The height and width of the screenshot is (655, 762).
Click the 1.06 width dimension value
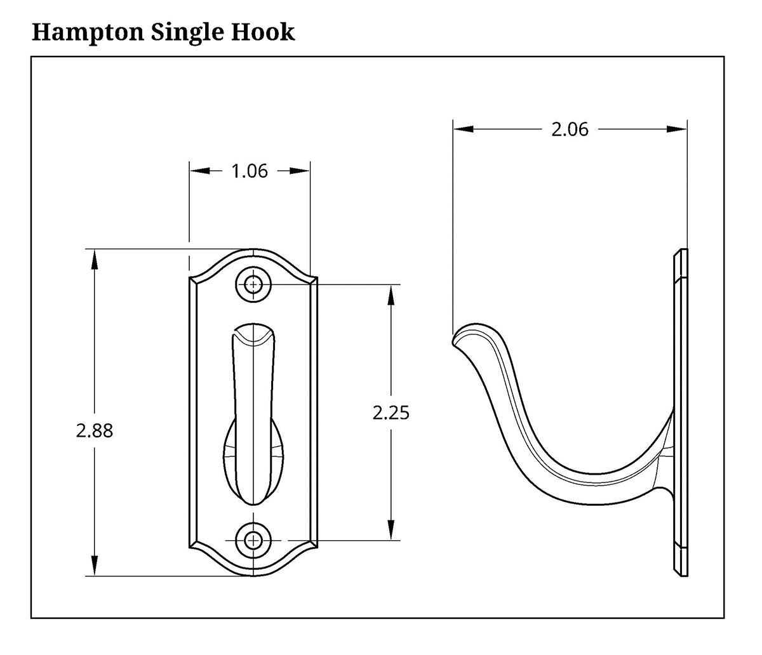pyautogui.click(x=249, y=171)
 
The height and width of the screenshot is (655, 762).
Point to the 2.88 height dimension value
pyautogui.click(x=94, y=431)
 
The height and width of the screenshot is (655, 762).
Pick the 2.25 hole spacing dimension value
pyautogui.click(x=391, y=413)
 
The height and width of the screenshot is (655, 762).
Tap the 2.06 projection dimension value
pyautogui.click(x=570, y=129)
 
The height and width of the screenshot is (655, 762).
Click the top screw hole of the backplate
pyautogui.click(x=253, y=285)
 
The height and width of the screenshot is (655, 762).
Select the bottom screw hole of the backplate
pyautogui.click(x=253, y=540)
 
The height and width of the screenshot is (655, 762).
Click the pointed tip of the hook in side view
pyautogui.click(x=453, y=340)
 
